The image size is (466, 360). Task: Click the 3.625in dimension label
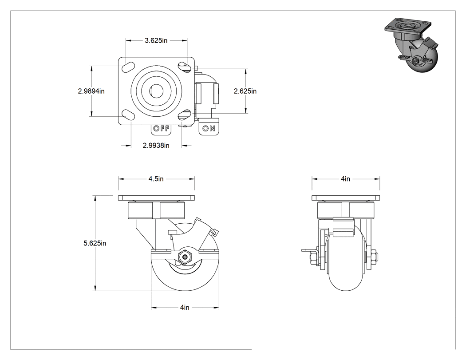pyautogui.click(x=156, y=41)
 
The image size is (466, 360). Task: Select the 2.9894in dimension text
pyautogui.click(x=91, y=91)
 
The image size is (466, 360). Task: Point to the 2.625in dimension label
pyautogui.click(x=245, y=91)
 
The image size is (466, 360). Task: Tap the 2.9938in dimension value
pyautogui.click(x=156, y=146)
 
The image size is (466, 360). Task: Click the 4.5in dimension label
pyautogui.click(x=156, y=179)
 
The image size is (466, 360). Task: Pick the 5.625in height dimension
pyautogui.click(x=95, y=243)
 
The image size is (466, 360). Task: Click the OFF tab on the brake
pyautogui.click(x=161, y=128)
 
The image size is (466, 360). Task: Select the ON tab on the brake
pyautogui.click(x=209, y=128)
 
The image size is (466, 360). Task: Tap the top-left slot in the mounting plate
pyautogui.click(x=127, y=67)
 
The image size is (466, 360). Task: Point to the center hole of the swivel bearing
pyautogui.click(x=156, y=90)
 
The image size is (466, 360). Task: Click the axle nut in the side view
pyautogui.click(x=185, y=257)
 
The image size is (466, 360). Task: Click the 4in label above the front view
pyautogui.click(x=345, y=179)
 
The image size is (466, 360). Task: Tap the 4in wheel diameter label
pyautogui.click(x=185, y=307)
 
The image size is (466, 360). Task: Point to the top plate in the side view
pyautogui.click(x=156, y=198)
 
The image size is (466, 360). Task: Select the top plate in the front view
pyautogui.click(x=346, y=198)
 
